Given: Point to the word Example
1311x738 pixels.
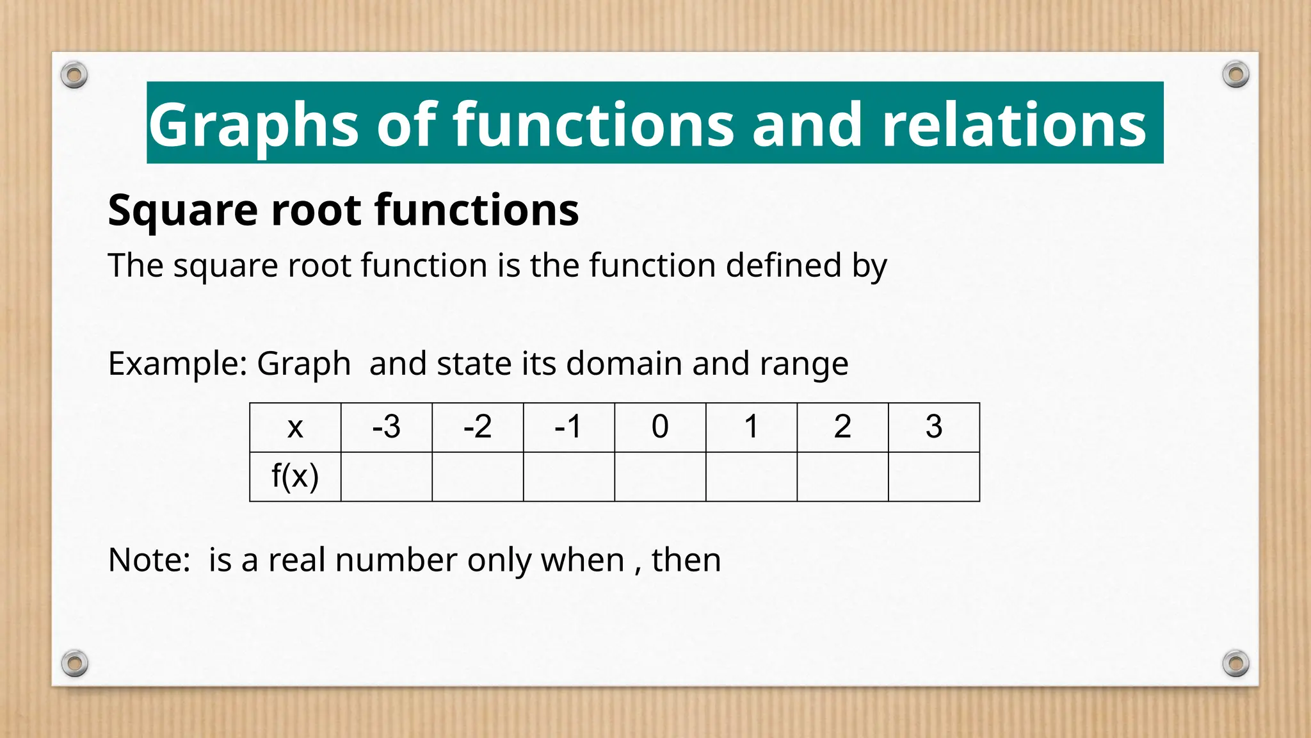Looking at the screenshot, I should (x=177, y=364).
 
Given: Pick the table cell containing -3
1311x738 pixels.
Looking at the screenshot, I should (x=387, y=427).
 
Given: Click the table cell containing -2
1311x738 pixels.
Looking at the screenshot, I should (x=478, y=427).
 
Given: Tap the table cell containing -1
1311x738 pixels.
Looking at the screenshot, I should (x=568, y=427).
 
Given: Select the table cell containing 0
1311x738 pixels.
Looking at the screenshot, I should (x=660, y=427).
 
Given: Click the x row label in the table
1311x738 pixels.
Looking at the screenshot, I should (x=295, y=427).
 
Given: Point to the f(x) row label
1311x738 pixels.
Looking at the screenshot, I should (x=295, y=477).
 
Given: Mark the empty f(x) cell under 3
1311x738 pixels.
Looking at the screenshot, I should (x=933, y=477).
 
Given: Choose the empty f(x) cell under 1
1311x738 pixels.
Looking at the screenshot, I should (x=751, y=477).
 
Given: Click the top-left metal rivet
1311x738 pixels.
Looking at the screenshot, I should (x=74, y=76).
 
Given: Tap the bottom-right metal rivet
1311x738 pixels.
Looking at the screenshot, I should (x=1235, y=663).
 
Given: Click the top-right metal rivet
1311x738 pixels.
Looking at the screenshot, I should (x=1235, y=75).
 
